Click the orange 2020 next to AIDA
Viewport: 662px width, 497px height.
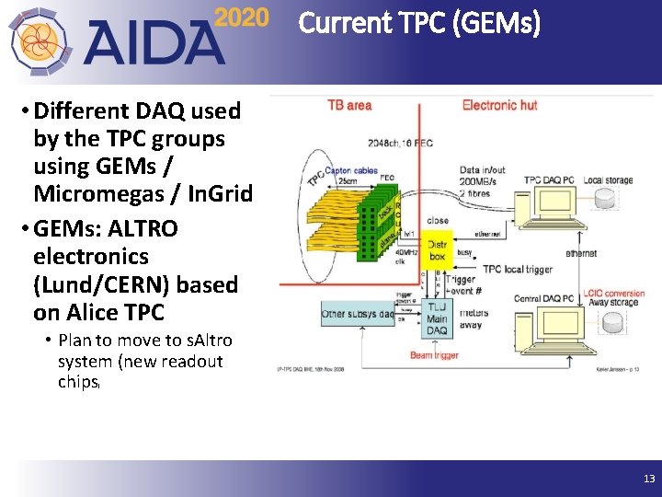point(242,18)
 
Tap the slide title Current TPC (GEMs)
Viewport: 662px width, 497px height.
point(419,22)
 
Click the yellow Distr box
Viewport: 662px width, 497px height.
point(438,250)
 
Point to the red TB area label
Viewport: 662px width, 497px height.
point(349,105)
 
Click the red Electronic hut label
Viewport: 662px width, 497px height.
point(499,105)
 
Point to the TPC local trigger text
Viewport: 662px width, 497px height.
point(518,270)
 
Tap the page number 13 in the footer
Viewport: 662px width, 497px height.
point(649,479)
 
